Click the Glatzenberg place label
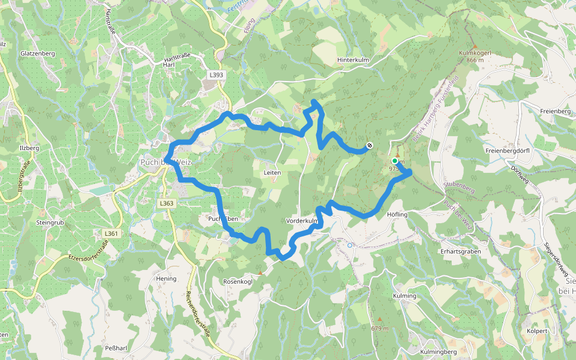(x=37, y=53)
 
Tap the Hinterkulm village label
(x=353, y=60)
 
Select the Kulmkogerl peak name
(x=475, y=53)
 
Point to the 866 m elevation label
(x=475, y=60)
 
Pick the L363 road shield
(x=167, y=203)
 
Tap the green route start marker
(x=395, y=161)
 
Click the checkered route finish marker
(x=370, y=145)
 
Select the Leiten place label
(x=272, y=172)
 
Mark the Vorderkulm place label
(x=302, y=221)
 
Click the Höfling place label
(x=398, y=214)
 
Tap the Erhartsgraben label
(x=460, y=251)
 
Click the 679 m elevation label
(x=380, y=328)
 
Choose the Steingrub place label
(x=50, y=222)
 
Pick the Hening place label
(x=166, y=278)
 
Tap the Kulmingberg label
(x=439, y=351)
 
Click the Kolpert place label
(x=537, y=331)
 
